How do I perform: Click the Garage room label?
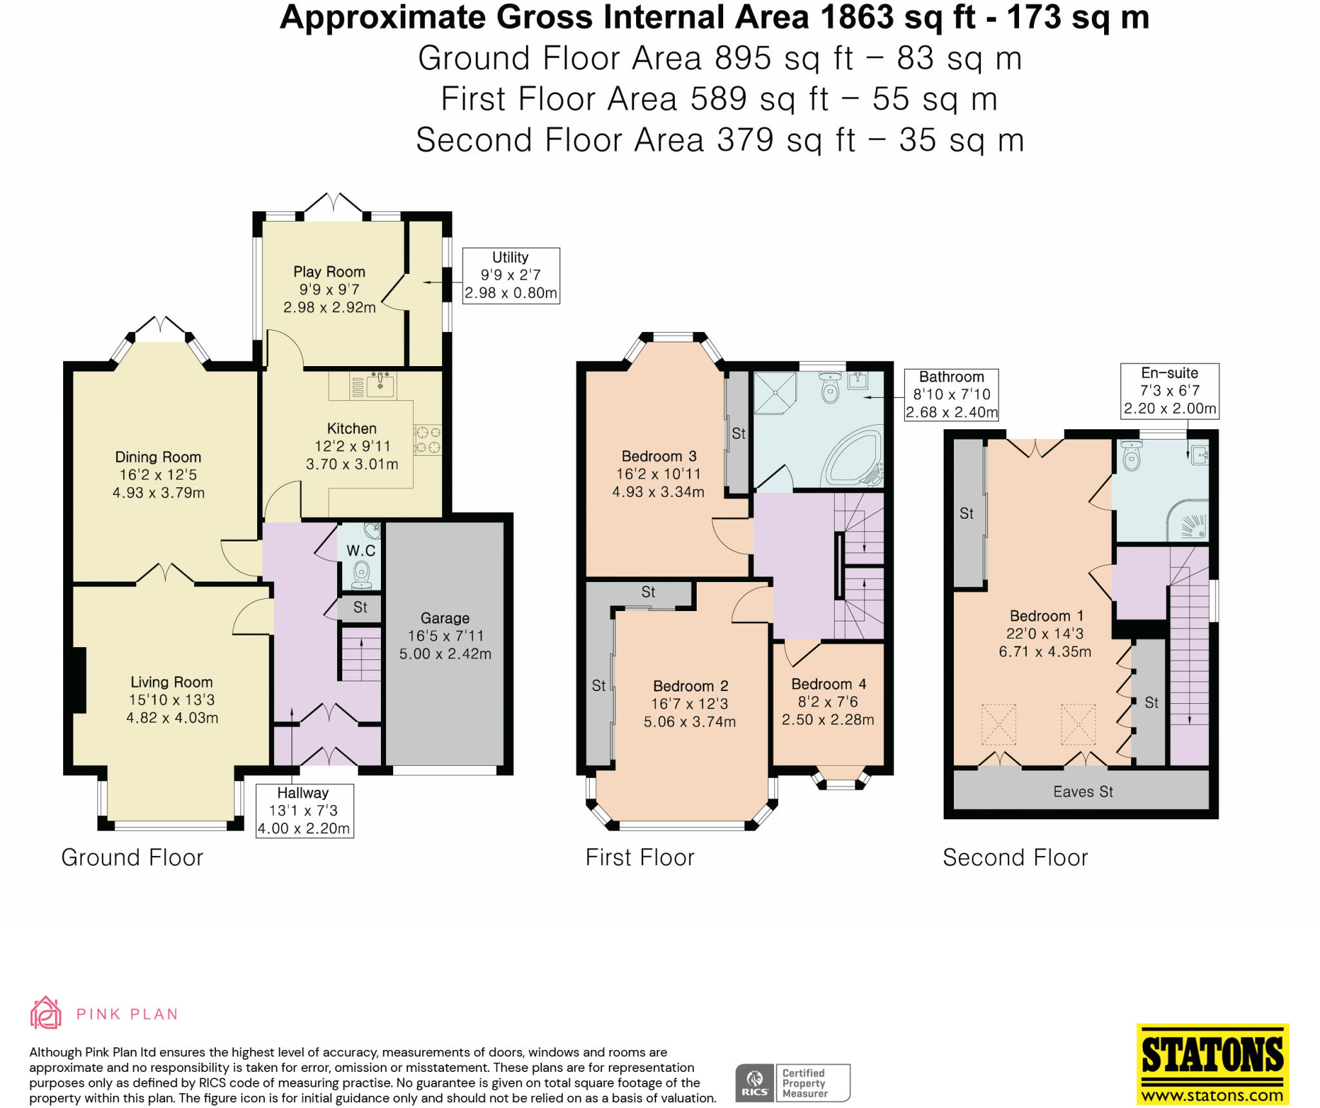[445, 618]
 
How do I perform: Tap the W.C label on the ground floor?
[361, 550]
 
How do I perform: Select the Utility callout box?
[511, 275]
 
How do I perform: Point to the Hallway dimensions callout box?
[304, 810]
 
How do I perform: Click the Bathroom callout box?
[951, 394]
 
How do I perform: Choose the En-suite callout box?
[1170, 391]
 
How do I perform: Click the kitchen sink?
[380, 385]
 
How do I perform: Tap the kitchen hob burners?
[427, 439]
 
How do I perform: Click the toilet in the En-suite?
[1131, 455]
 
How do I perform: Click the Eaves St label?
[1083, 792]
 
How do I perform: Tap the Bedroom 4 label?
[828, 684]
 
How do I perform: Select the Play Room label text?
[329, 272]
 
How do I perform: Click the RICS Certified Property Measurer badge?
[793, 1083]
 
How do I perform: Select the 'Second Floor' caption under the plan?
[1015, 857]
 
